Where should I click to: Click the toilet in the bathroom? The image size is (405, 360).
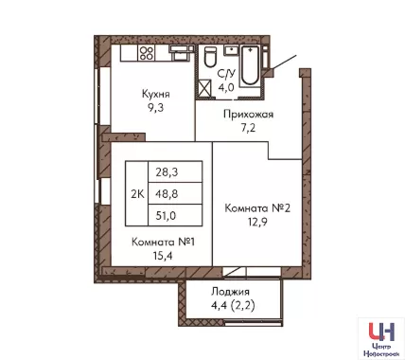[210, 57]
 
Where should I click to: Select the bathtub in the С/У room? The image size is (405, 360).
[250, 65]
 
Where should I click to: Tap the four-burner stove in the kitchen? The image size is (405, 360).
[147, 53]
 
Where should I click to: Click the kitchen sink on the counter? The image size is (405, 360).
[181, 52]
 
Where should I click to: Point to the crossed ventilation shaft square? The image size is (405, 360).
[204, 88]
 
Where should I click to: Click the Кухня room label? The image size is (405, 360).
[156, 94]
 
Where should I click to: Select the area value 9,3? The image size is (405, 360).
[156, 108]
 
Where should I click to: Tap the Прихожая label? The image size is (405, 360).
[248, 114]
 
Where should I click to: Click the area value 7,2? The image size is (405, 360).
[248, 128]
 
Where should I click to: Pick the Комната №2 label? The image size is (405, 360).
[257, 208]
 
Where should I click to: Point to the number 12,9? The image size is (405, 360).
[257, 222]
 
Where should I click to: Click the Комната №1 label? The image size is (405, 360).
[163, 243]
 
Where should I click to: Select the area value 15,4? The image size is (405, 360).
[163, 256]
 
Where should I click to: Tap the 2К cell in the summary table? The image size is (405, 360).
[137, 194]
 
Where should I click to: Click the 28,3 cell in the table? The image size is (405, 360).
[175, 172]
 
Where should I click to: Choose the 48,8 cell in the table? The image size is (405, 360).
[175, 193]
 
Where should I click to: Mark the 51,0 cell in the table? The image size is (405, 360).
[175, 215]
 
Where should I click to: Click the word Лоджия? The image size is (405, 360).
[230, 292]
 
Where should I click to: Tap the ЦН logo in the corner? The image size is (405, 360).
[381, 332]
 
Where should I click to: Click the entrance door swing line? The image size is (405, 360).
[284, 62]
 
